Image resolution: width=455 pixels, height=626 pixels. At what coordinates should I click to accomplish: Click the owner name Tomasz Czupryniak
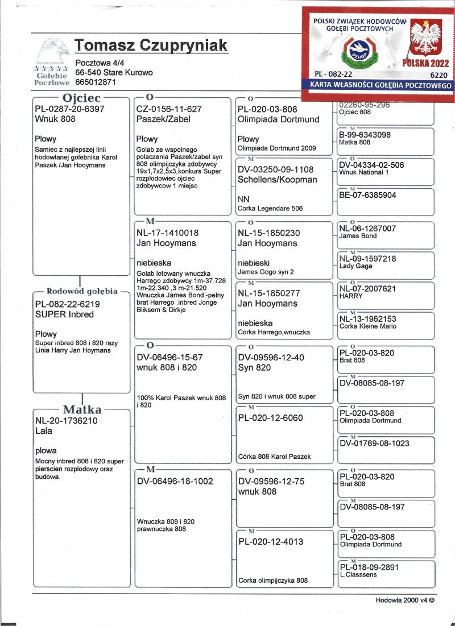151,46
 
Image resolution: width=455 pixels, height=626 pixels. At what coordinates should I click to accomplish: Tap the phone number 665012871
96,82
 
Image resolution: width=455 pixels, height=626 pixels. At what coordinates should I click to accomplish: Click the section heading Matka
82,409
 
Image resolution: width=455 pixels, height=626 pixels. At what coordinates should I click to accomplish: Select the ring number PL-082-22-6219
67,304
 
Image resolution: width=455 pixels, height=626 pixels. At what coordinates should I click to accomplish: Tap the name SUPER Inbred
64,314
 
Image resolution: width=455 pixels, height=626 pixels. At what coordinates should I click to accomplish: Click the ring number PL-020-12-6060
270,418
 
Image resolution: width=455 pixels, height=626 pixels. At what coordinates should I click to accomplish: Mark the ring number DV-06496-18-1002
175,481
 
